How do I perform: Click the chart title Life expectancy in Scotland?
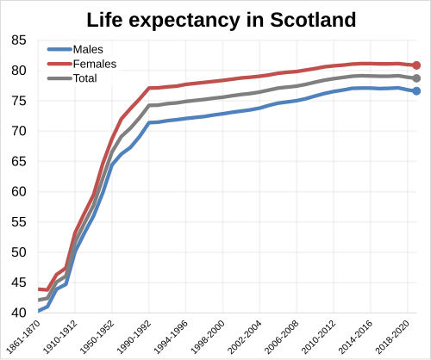click(215, 19)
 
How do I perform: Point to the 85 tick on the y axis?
click(19, 40)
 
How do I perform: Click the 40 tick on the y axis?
click(19, 313)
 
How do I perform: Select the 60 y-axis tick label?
click(19, 191)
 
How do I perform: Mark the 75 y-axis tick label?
click(19, 100)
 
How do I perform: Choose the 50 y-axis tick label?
click(19, 252)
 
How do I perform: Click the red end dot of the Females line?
click(416, 65)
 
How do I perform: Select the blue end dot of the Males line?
click(416, 91)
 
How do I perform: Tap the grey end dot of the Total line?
click(416, 78)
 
